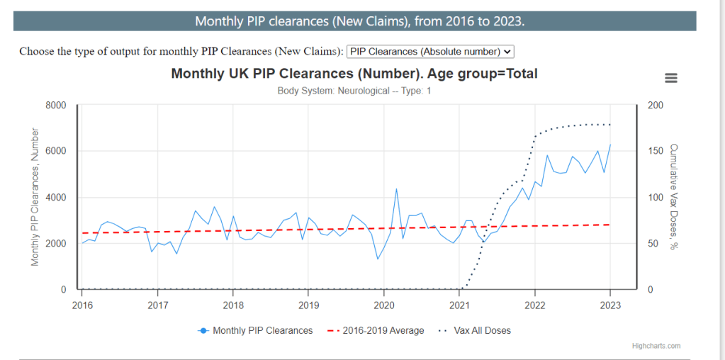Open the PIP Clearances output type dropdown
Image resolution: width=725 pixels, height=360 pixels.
point(430,51)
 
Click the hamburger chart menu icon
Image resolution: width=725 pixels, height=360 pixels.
point(670,78)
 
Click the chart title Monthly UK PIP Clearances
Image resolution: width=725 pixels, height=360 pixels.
point(354,74)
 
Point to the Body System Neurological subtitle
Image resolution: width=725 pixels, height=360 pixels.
point(354,91)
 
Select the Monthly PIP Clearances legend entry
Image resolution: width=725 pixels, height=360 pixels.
point(256,330)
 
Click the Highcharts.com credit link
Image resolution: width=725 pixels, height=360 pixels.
point(656,346)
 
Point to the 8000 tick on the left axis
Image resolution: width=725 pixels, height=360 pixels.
point(56,106)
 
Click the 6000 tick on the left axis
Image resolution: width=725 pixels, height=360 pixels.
point(56,152)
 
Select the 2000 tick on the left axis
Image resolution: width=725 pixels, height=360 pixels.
point(56,244)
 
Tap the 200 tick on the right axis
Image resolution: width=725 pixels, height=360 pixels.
point(656,106)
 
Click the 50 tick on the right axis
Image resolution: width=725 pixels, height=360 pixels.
point(653,244)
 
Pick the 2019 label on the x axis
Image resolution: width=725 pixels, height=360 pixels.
point(308,305)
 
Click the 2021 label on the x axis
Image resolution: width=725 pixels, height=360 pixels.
point(459,305)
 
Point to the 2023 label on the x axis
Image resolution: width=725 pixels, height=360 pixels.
point(610,305)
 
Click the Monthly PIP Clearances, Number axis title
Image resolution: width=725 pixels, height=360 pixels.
point(35,197)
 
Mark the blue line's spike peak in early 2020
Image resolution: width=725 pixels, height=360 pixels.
point(396,189)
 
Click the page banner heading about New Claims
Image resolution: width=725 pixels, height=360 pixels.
point(360,21)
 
